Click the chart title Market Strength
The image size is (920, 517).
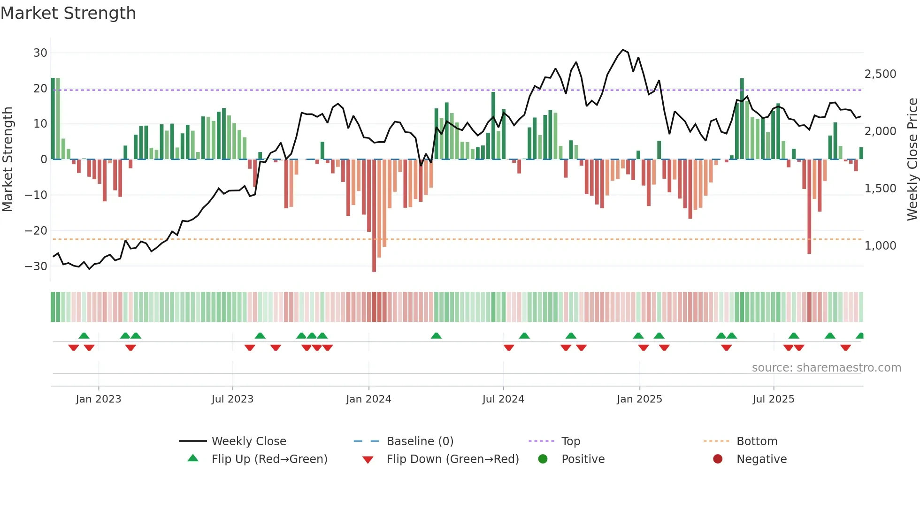(x=68, y=13)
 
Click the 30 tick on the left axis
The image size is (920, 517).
(x=40, y=53)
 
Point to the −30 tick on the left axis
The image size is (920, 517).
(x=36, y=266)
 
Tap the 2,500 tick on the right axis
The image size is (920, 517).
(x=880, y=74)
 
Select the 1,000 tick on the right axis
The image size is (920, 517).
(x=880, y=245)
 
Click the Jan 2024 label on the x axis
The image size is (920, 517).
(x=368, y=399)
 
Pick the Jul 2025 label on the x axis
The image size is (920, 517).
(x=773, y=399)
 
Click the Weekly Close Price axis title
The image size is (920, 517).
(x=912, y=160)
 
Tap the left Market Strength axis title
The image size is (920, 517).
(x=8, y=160)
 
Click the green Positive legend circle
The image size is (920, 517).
(x=543, y=459)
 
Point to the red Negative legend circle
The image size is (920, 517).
(x=718, y=459)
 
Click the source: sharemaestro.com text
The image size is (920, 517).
(x=826, y=368)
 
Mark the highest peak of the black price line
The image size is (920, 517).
(x=623, y=50)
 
